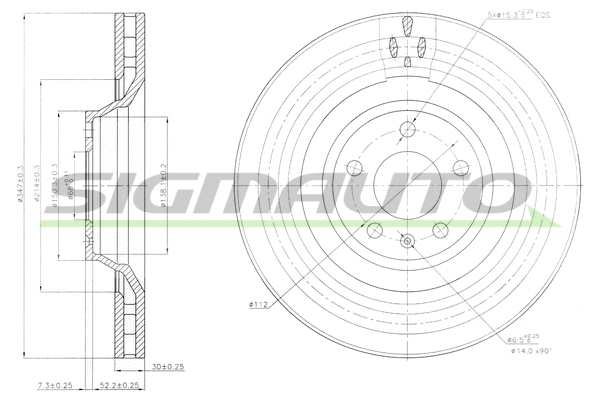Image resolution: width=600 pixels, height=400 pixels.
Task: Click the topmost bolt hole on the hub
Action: tap(406, 128)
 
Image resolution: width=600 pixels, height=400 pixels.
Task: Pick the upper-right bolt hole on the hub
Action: tap(461, 168)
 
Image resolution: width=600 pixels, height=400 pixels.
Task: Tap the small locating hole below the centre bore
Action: tap(406, 240)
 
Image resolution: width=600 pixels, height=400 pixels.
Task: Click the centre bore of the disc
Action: tap(406, 186)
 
